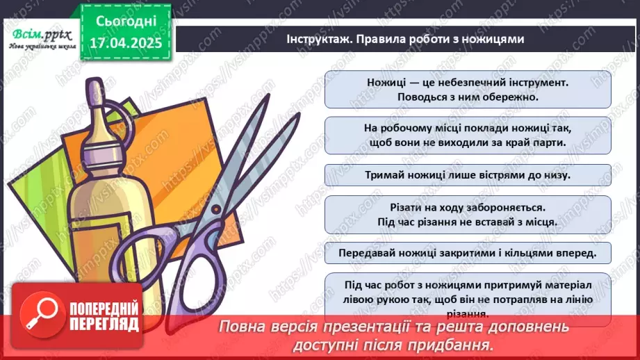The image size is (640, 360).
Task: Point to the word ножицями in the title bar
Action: [x=495, y=40]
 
